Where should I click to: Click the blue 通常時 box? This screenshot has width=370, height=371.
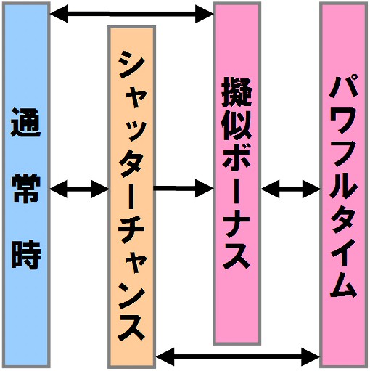26,185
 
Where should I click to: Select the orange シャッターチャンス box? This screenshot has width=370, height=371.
131,197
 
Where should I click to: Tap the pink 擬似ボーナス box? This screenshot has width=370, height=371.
237,174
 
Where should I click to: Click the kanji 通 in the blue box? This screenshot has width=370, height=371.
26,123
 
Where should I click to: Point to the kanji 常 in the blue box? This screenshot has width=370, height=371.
26,188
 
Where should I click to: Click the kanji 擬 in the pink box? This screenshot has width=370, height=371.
237,92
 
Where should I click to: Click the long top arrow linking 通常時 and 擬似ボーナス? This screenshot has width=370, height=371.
131,14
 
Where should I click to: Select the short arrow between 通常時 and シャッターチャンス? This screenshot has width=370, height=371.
79,189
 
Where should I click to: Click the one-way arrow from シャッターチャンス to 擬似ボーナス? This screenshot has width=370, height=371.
184,189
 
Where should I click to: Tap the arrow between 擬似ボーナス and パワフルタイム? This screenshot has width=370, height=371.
290,189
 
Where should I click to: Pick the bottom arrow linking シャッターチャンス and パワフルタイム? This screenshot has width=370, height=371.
238,356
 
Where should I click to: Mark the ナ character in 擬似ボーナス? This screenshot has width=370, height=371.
237,224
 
